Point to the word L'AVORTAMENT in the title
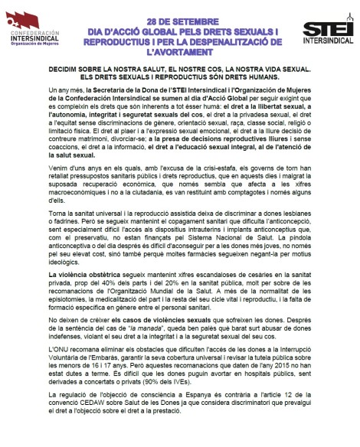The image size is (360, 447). [180, 53]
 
